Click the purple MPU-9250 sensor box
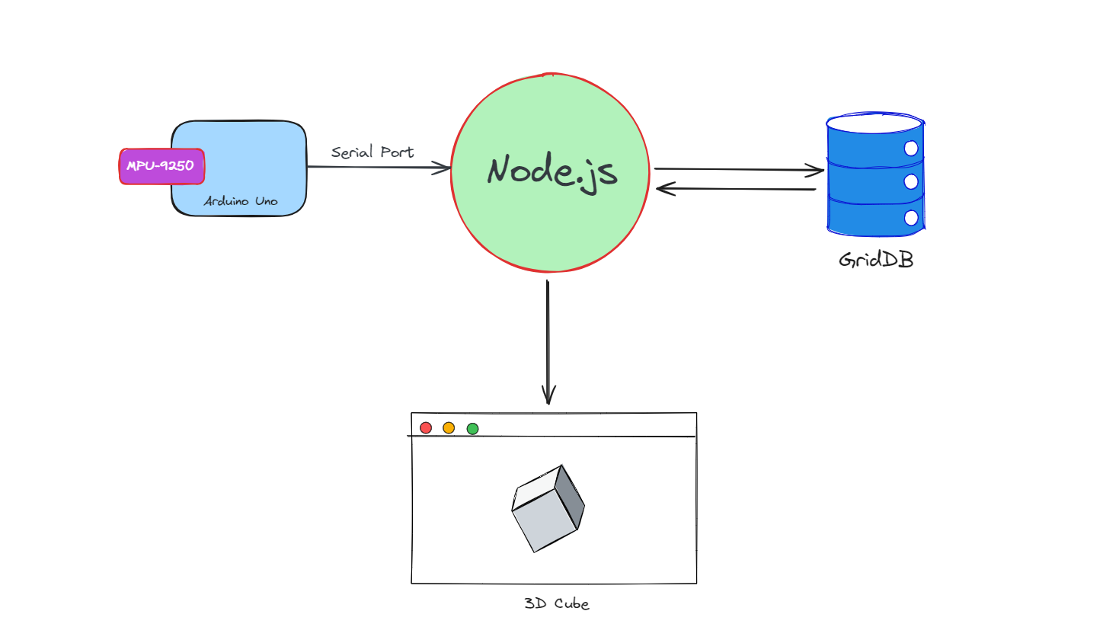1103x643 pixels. (x=161, y=166)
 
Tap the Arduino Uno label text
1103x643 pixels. (x=241, y=201)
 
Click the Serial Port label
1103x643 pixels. (x=372, y=152)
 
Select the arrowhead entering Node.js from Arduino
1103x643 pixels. (x=443, y=168)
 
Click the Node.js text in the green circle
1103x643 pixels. (x=552, y=171)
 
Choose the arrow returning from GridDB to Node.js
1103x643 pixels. (x=736, y=188)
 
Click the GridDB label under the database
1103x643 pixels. (x=876, y=260)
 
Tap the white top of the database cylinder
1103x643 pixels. (x=874, y=123)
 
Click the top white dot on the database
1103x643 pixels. (x=911, y=148)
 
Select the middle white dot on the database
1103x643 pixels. (x=911, y=182)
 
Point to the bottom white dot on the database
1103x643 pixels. (x=911, y=218)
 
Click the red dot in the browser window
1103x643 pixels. (x=426, y=428)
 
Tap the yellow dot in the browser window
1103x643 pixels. (x=449, y=428)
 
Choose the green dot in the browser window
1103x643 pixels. (x=472, y=429)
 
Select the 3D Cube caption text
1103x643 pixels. (x=557, y=603)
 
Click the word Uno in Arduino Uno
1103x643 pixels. (x=266, y=201)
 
